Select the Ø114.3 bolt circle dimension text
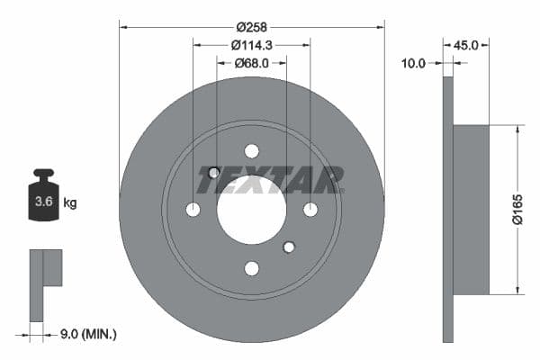click(x=251, y=44)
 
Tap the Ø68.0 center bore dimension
click(x=252, y=63)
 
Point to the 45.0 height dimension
click(x=466, y=44)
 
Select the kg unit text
click(x=69, y=202)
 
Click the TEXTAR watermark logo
click(x=270, y=181)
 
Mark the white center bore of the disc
click(x=251, y=209)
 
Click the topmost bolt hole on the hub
click(x=251, y=150)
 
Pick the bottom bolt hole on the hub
click(x=251, y=268)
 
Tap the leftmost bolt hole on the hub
click(x=193, y=209)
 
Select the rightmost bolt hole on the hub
click(x=310, y=209)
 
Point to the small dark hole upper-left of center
click(x=214, y=172)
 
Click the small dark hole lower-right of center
click(x=289, y=247)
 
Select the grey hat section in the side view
click(x=471, y=209)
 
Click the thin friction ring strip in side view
click(x=448, y=209)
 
